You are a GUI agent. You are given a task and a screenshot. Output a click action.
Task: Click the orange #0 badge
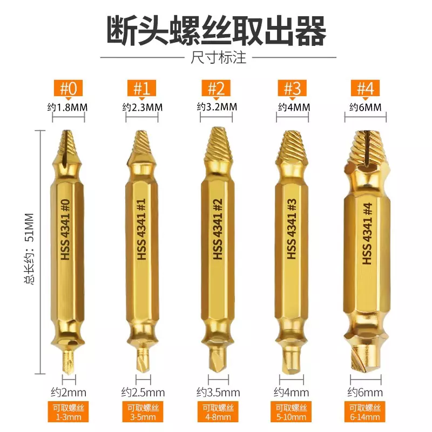point(68,88)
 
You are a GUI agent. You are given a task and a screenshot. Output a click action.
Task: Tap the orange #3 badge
point(292,88)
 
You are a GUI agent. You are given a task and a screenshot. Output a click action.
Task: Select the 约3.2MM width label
point(217,106)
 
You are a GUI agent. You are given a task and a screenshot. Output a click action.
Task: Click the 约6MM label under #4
point(366,107)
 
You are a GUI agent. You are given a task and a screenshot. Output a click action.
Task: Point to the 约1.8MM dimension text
point(67,107)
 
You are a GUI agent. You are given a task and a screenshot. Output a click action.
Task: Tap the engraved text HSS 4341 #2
point(218,229)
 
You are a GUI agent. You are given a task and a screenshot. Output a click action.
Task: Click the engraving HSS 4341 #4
point(367,234)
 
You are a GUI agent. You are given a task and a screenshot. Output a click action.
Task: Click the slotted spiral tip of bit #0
point(67,144)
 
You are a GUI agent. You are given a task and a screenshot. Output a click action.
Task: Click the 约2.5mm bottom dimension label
point(143,393)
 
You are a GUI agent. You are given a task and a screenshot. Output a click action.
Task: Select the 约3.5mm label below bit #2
point(218,393)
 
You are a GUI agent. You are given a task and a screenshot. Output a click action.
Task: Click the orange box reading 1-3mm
point(68,411)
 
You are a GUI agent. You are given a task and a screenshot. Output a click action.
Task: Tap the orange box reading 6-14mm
point(365,411)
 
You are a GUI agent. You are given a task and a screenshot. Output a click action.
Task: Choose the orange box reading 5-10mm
point(291,411)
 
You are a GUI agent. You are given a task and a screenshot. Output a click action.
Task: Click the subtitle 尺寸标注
point(218,58)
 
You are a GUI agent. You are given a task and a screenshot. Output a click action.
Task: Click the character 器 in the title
point(310,30)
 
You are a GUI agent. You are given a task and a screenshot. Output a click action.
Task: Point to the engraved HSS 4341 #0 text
point(65,230)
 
